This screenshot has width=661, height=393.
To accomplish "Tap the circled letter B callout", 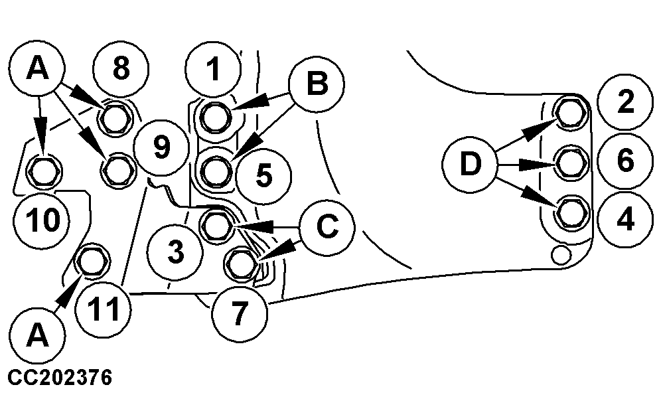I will tap(317, 84).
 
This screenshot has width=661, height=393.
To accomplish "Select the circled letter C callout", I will tap(326, 227).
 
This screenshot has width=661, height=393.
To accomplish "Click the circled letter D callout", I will tap(471, 163).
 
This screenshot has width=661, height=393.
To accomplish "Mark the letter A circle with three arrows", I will tap(38, 70).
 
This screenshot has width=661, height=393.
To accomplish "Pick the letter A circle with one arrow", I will tap(38, 338).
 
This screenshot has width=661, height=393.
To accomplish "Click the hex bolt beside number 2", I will tap(569, 112).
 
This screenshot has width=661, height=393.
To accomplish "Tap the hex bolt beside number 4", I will tap(569, 212).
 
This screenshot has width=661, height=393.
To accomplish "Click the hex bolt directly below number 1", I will tap(214, 118).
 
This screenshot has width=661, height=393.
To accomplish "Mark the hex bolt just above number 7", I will tap(239, 263).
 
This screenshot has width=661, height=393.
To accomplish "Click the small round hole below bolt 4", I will tap(560, 252).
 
